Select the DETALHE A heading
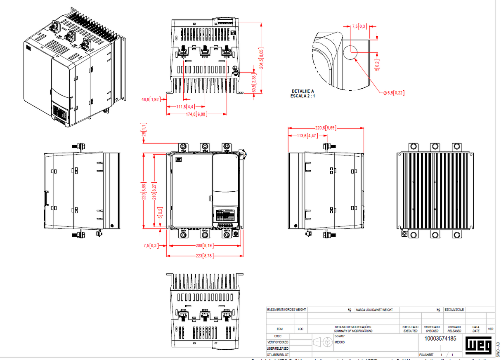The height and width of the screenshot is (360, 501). click(303, 91)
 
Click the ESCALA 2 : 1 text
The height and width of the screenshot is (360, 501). click(303, 96)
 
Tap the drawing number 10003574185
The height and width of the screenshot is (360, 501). click(440, 339)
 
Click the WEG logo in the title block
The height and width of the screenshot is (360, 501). click(479, 345)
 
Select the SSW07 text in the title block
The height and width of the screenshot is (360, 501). click(340, 336)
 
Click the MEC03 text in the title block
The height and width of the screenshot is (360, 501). click(340, 342)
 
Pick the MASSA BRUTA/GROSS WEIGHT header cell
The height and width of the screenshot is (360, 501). click(286, 310)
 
